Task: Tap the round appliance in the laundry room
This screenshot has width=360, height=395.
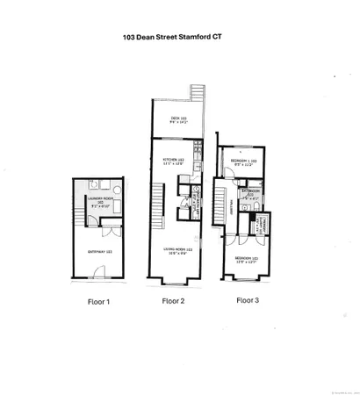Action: (x=101, y=187)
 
